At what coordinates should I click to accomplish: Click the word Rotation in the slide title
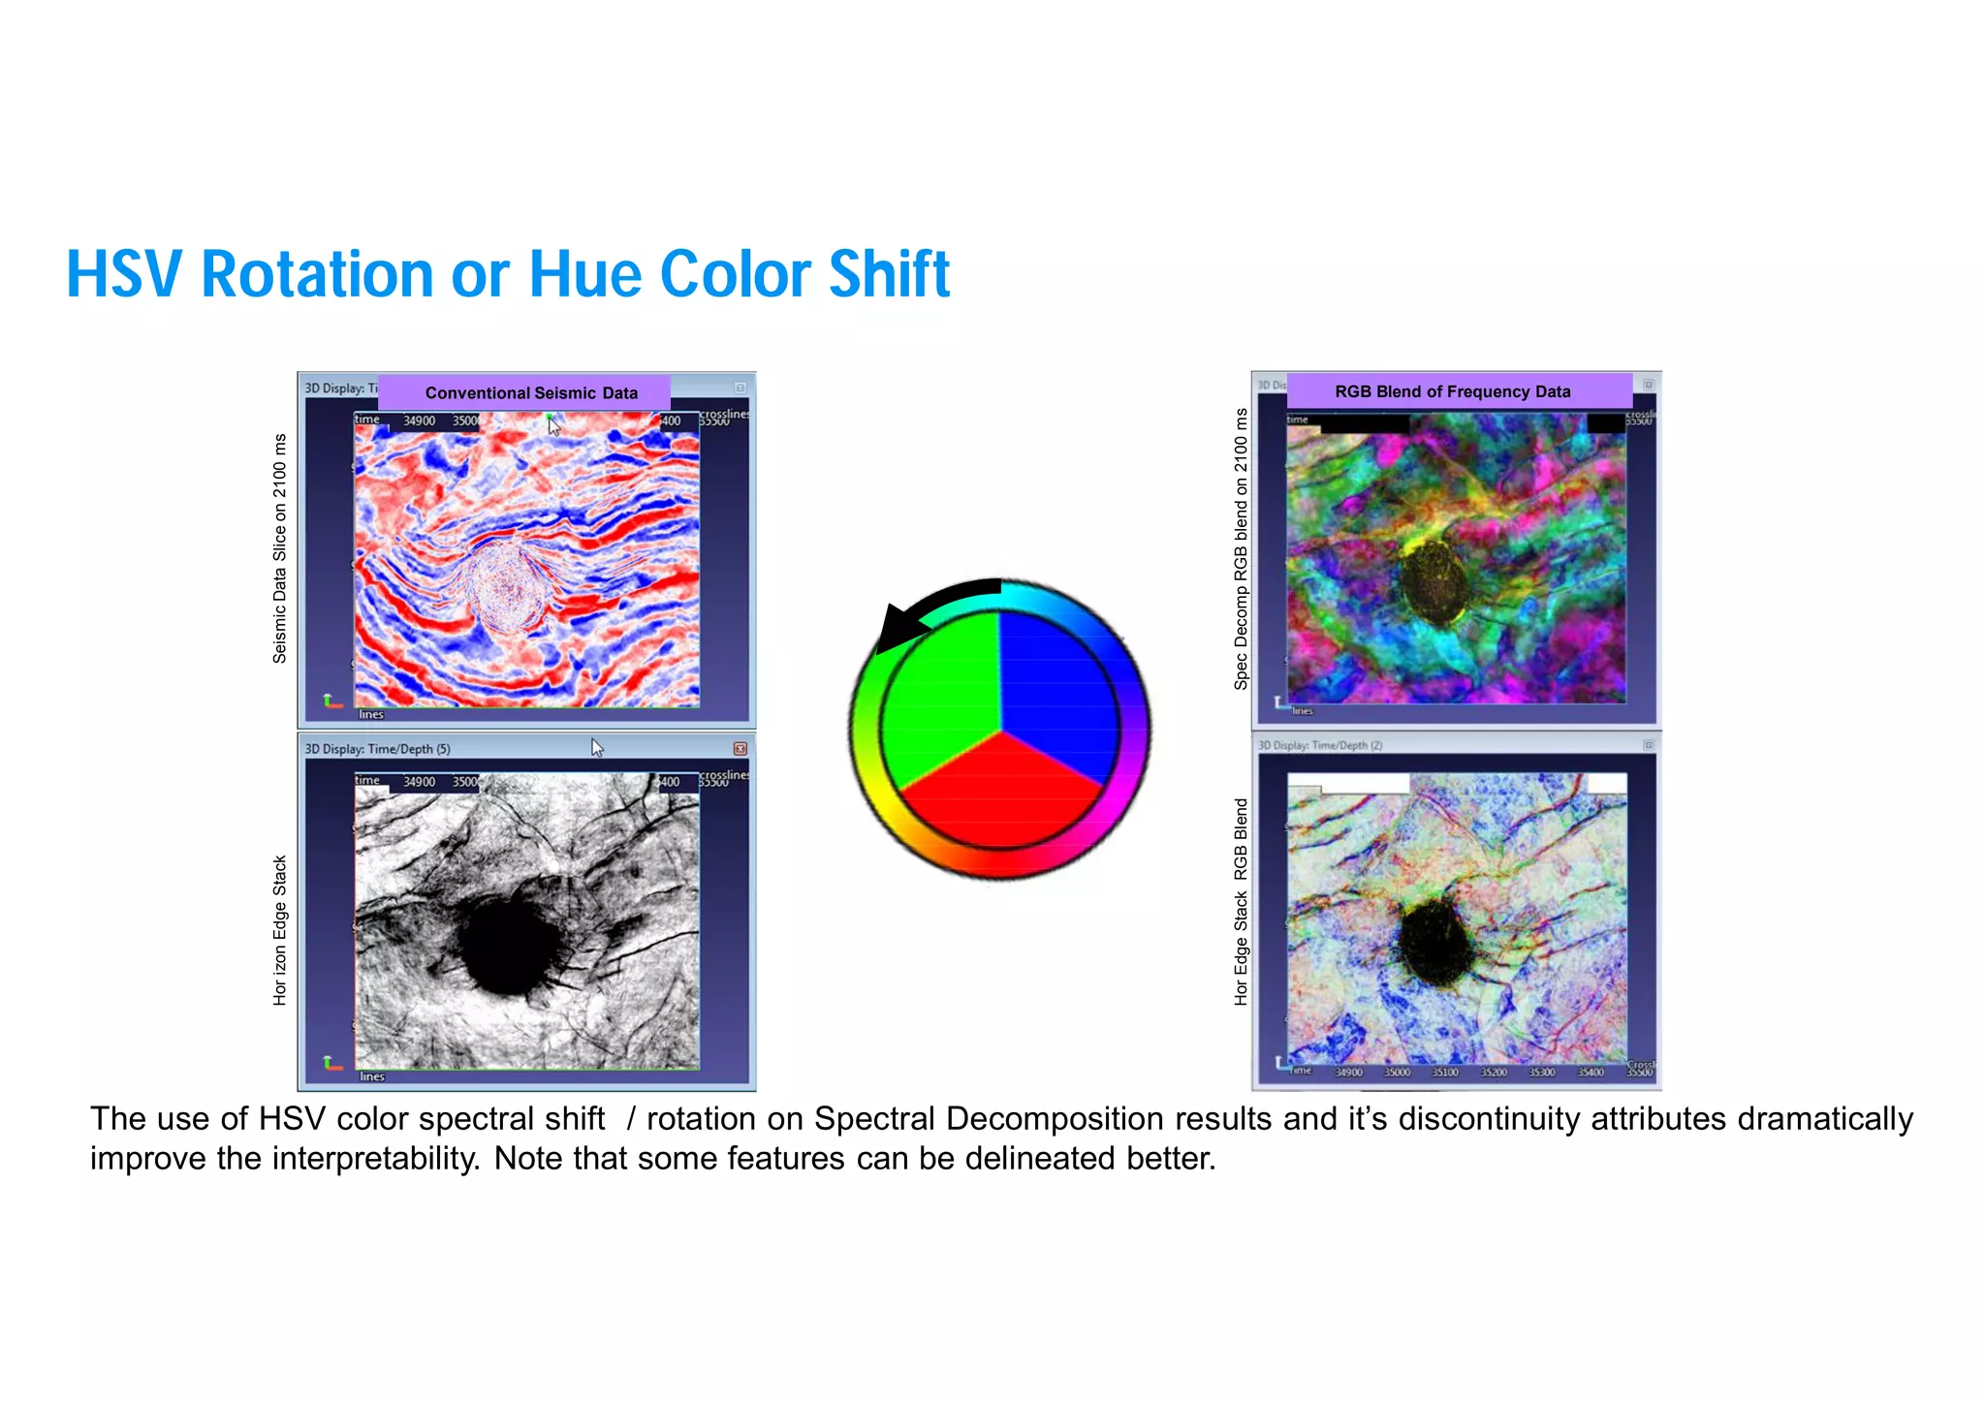click(x=316, y=274)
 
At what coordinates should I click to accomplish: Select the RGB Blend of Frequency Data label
click(x=1452, y=391)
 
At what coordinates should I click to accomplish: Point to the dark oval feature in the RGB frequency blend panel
click(x=1434, y=582)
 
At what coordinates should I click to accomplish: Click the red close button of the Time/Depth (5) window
click(x=740, y=749)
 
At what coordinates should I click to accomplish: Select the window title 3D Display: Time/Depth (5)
click(x=377, y=749)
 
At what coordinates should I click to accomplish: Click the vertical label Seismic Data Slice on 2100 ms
click(x=280, y=547)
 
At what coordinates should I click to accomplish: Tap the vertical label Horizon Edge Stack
click(x=280, y=930)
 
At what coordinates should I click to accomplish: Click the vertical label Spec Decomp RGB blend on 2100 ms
click(x=1241, y=548)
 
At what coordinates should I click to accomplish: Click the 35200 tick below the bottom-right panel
click(x=1494, y=1073)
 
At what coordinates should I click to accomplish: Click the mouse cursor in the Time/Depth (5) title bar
click(x=596, y=747)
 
